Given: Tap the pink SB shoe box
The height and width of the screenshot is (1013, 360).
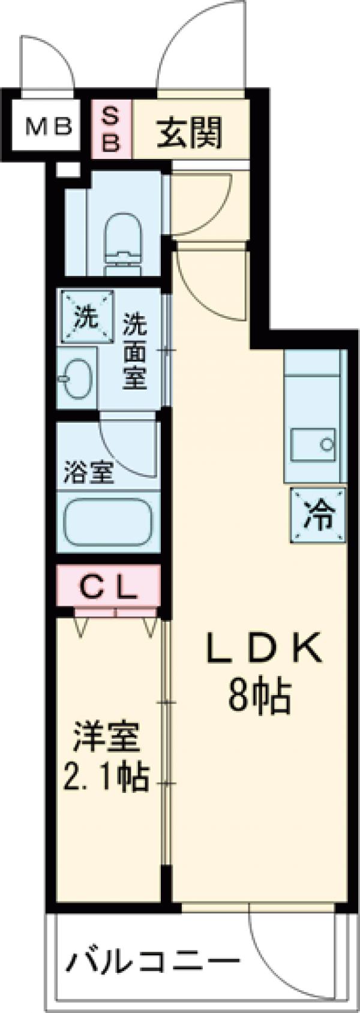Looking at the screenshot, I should (112, 129).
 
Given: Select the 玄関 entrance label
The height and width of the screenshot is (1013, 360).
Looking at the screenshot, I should (190, 131).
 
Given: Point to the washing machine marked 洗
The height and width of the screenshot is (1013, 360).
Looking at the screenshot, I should (86, 317).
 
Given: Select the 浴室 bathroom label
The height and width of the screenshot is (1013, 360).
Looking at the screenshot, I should (89, 473).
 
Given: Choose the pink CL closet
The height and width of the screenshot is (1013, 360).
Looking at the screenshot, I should (109, 590).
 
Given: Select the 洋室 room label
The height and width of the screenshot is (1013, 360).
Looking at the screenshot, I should (106, 739).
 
